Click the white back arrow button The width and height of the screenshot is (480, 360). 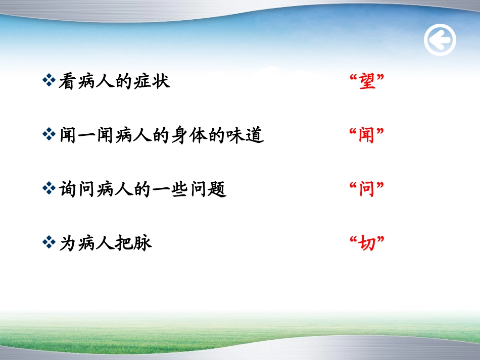440,40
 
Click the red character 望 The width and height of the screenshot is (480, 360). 367,81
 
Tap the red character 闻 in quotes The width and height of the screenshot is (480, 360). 367,135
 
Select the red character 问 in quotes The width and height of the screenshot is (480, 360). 367,190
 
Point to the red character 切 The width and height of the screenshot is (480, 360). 367,244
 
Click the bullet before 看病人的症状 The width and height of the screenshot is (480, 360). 49,80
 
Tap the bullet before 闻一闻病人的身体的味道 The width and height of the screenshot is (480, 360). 49,135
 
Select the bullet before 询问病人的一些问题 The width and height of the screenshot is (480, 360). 49,189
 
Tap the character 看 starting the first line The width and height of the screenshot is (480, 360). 67,81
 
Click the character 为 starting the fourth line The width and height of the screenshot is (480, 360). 67,244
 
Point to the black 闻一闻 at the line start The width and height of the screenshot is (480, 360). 87,135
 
